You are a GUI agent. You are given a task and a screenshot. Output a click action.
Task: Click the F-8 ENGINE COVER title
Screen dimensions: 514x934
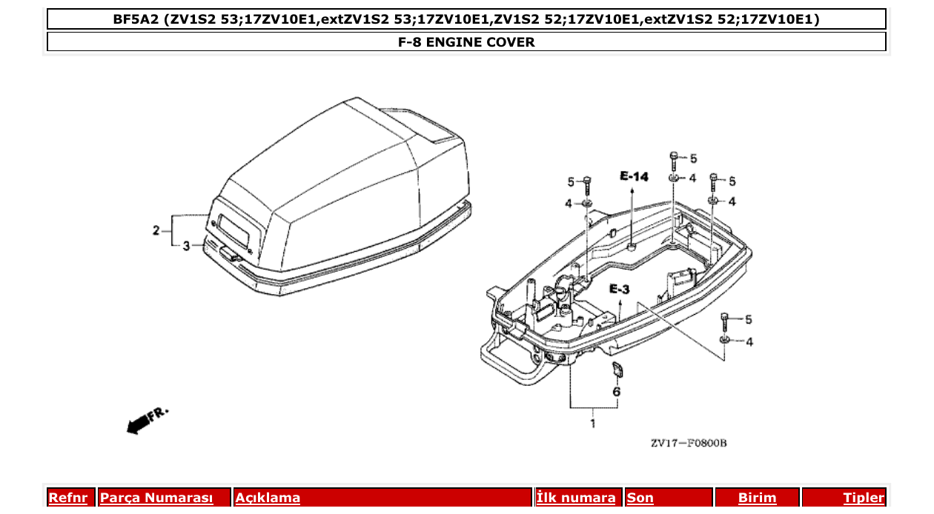point(466,42)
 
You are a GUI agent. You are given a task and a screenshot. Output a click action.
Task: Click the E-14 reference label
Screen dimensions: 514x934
point(634,176)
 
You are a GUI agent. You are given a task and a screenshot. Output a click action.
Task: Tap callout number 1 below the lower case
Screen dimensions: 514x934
point(592,424)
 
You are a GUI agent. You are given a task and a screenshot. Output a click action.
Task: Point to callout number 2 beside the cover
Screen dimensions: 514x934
point(156,230)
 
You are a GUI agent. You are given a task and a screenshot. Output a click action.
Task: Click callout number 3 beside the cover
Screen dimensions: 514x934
point(186,245)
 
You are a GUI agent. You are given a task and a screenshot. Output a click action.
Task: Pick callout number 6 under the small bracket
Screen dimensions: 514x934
point(616,391)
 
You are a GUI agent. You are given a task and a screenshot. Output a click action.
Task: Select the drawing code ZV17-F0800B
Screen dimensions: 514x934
point(688,444)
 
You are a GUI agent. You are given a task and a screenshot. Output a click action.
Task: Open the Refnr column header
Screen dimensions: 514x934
point(68,498)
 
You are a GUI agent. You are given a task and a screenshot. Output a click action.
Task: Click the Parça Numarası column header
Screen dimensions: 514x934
point(156,498)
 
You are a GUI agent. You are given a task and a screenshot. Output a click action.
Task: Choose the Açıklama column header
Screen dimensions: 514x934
point(268,498)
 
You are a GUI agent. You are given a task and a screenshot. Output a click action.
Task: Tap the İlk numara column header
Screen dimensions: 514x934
point(576,498)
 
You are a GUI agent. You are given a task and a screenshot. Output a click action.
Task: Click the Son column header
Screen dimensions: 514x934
point(640,498)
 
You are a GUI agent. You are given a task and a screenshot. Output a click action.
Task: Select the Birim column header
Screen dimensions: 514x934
point(757,498)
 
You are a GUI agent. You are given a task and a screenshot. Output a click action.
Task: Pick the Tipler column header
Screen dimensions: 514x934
point(864,498)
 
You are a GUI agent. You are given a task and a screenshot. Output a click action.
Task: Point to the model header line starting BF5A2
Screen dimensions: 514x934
point(466,19)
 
